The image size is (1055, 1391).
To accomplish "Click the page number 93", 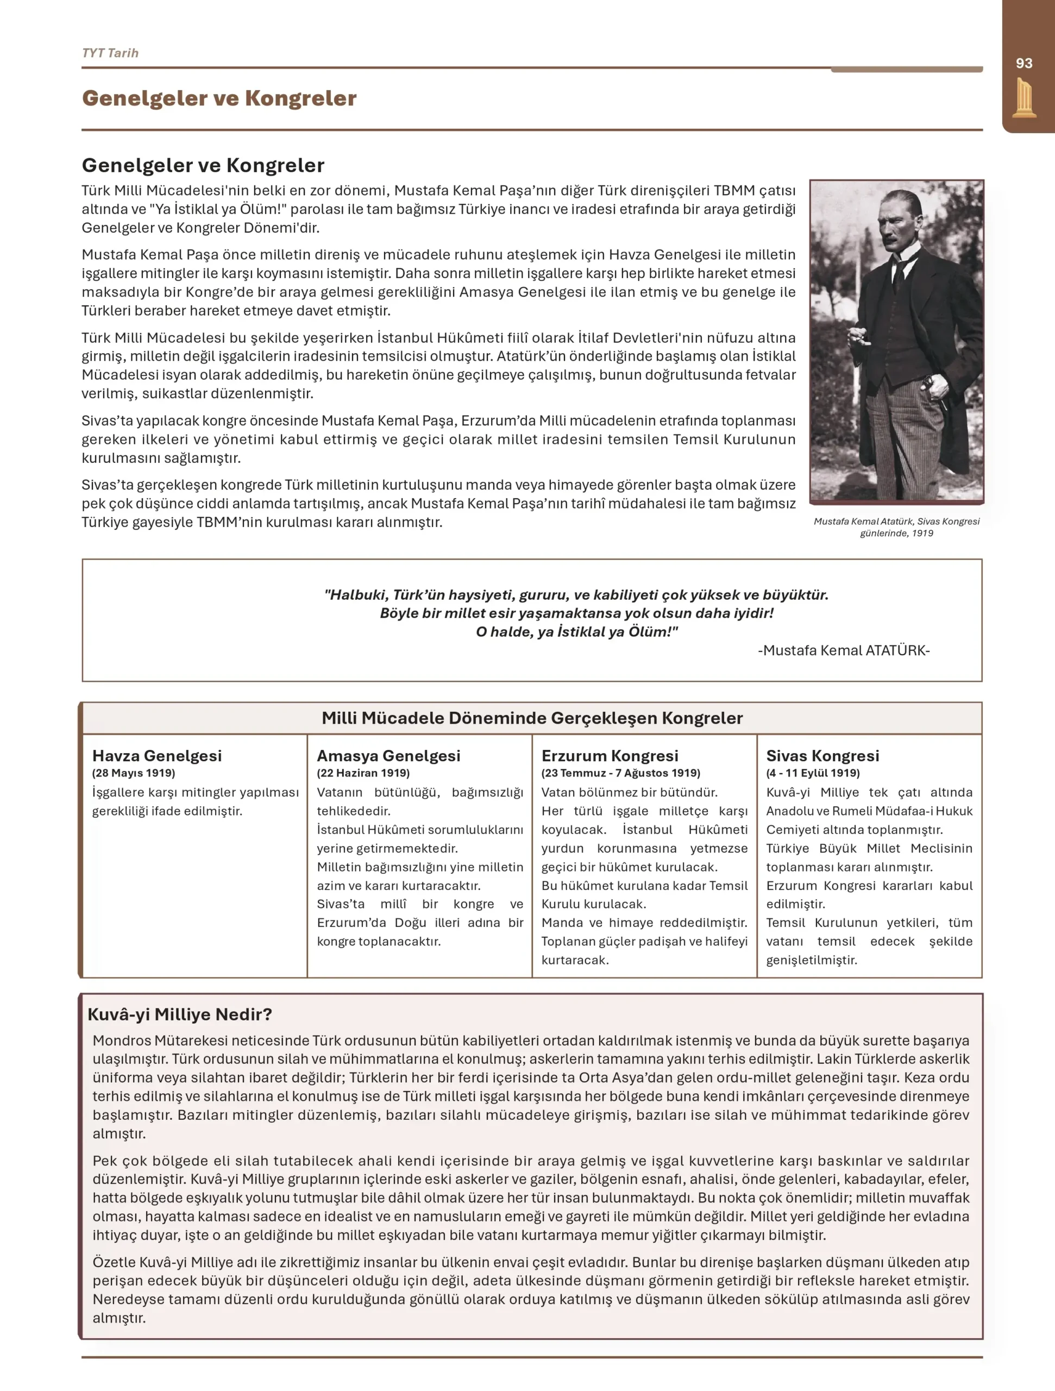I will click(1023, 64).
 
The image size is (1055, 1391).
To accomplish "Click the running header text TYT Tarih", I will click(110, 53).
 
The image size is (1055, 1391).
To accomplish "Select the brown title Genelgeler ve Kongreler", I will click(219, 98).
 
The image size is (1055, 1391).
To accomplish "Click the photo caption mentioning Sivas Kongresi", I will click(896, 527).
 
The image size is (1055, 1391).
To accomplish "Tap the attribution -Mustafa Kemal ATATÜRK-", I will click(843, 650).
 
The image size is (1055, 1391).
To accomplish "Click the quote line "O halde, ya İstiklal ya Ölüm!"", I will click(576, 631).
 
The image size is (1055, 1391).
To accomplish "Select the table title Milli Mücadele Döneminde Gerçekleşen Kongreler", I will click(532, 718).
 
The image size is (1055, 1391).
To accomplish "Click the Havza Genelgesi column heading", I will click(156, 755).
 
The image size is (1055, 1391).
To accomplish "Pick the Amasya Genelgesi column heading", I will click(388, 755).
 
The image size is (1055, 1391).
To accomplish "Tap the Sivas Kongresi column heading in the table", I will click(822, 755).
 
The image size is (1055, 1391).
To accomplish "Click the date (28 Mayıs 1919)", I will click(133, 773).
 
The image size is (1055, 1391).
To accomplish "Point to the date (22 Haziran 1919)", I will click(363, 773).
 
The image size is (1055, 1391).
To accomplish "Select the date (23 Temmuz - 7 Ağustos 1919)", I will click(620, 773).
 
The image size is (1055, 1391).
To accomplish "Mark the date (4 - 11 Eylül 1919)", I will click(812, 773).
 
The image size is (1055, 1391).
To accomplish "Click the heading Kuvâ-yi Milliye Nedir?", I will click(180, 1014).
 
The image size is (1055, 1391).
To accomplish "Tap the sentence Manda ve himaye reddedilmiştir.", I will click(644, 923).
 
